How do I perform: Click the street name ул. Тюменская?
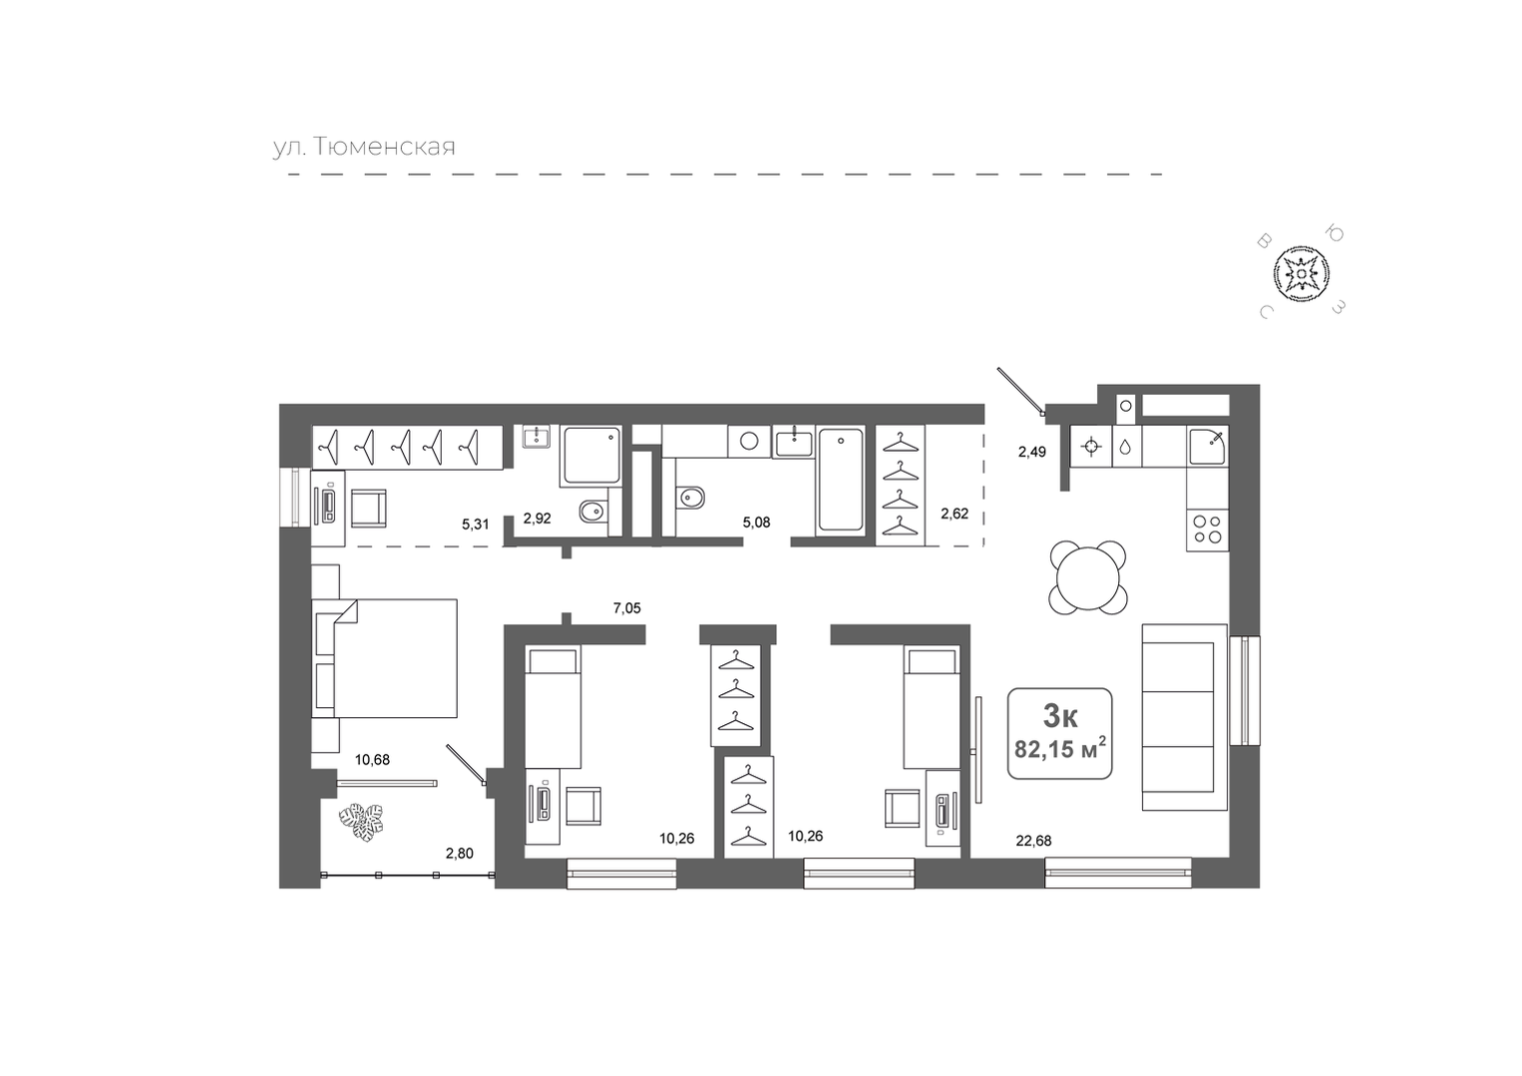point(364,147)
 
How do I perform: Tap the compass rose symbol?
point(1301,274)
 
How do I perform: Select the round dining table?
point(1087,578)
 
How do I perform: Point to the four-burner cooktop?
point(1208,530)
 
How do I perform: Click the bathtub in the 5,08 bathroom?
point(841,479)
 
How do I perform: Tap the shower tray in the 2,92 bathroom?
point(591,455)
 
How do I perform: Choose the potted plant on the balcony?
point(361,822)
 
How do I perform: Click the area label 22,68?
point(1033,841)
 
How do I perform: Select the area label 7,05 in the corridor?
point(627,608)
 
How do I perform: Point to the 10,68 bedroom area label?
point(372,760)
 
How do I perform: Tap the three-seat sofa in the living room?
point(1184,717)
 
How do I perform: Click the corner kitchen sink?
point(1208,446)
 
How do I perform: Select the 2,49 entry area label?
point(1031,452)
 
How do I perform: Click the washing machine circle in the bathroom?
point(749,442)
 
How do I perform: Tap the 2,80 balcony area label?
point(460,854)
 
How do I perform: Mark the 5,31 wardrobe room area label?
point(475,524)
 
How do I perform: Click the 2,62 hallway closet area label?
point(953,514)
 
